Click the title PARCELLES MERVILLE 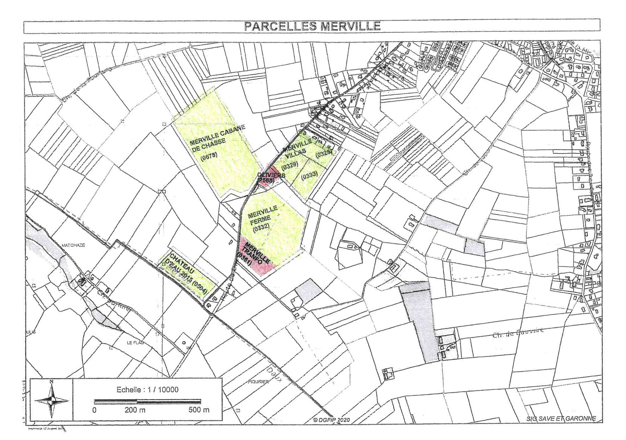[312, 26]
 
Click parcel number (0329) [290, 165]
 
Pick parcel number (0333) [309, 176]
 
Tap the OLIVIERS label [271, 175]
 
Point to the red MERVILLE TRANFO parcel [256, 256]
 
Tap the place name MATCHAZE [73, 245]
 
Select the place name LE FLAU [135, 343]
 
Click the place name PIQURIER [258, 382]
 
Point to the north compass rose [52, 400]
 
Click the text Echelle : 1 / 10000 [147, 389]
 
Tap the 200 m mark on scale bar [135, 410]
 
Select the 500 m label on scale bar [199, 410]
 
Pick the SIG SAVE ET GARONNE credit [561, 418]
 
